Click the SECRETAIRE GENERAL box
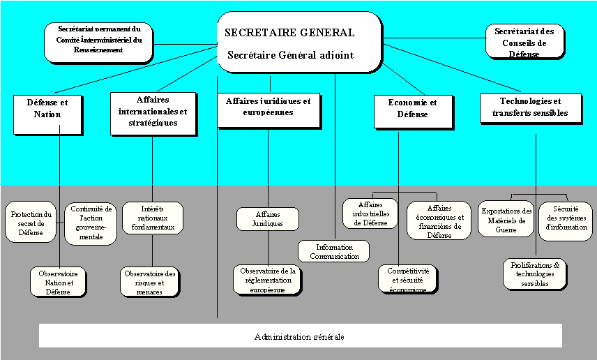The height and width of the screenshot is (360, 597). point(299,42)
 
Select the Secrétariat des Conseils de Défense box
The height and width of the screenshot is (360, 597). point(524,42)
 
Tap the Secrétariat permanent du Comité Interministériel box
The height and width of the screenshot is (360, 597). point(98,40)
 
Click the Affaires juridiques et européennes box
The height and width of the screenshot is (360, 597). point(269,109)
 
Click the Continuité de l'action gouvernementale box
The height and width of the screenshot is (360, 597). point(91,223)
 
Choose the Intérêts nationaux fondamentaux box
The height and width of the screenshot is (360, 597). point(152,218)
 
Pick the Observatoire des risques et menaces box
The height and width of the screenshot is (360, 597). point(151,282)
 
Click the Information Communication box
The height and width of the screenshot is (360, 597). point(333,251)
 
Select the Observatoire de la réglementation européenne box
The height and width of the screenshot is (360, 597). point(268,280)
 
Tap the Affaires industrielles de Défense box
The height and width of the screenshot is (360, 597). point(370,213)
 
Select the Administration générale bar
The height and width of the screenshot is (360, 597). point(299,336)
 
